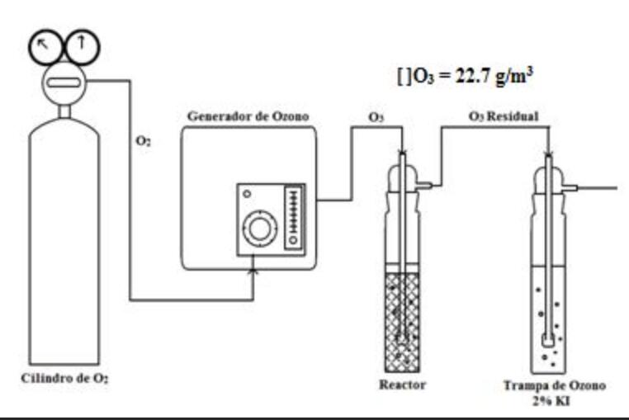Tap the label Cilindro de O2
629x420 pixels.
point(65,380)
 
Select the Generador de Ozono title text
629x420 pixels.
point(248,116)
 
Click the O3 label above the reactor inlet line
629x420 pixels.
point(377,117)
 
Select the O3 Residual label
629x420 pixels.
point(504,116)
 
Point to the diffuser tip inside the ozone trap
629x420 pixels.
point(549,339)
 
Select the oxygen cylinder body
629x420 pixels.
point(64,248)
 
